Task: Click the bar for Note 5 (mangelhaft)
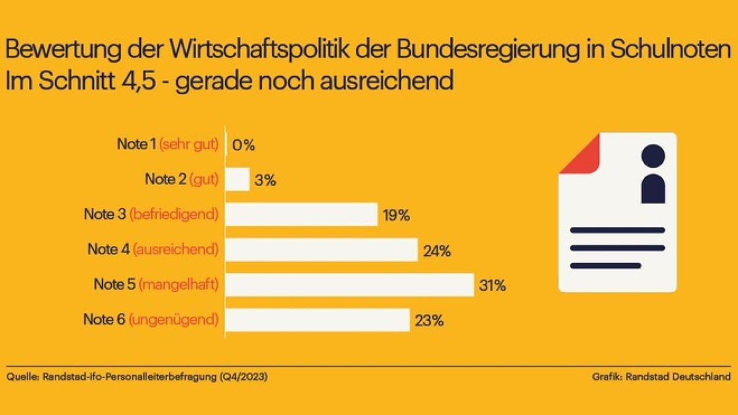(350, 285)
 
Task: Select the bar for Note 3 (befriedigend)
(301, 215)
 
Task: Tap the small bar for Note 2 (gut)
(238, 180)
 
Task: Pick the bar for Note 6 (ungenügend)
(318, 320)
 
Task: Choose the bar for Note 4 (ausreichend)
(322, 250)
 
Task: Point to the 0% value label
(244, 146)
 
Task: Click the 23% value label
(429, 320)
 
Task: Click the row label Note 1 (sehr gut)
(167, 145)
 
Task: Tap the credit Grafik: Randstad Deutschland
(661, 376)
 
